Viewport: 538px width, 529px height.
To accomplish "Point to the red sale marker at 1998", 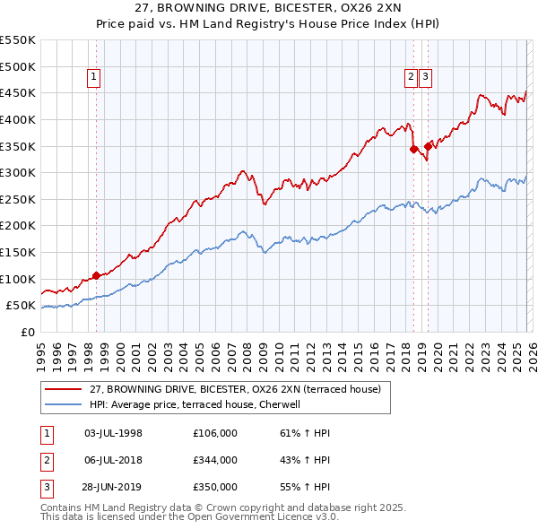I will (96, 276).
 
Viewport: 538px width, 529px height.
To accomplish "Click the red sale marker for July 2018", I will (413, 150).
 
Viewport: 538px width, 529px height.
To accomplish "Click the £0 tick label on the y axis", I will (27, 332).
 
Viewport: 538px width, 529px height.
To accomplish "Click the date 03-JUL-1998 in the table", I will (113, 433).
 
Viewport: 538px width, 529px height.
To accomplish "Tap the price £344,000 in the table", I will (215, 460).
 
